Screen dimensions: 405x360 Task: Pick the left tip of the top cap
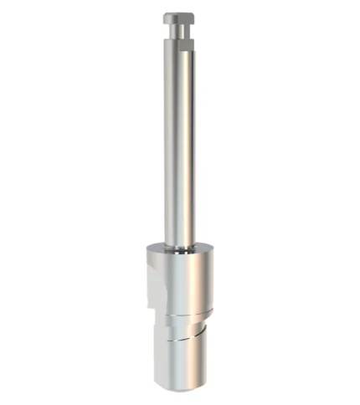pyautogui.click(x=164, y=17)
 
